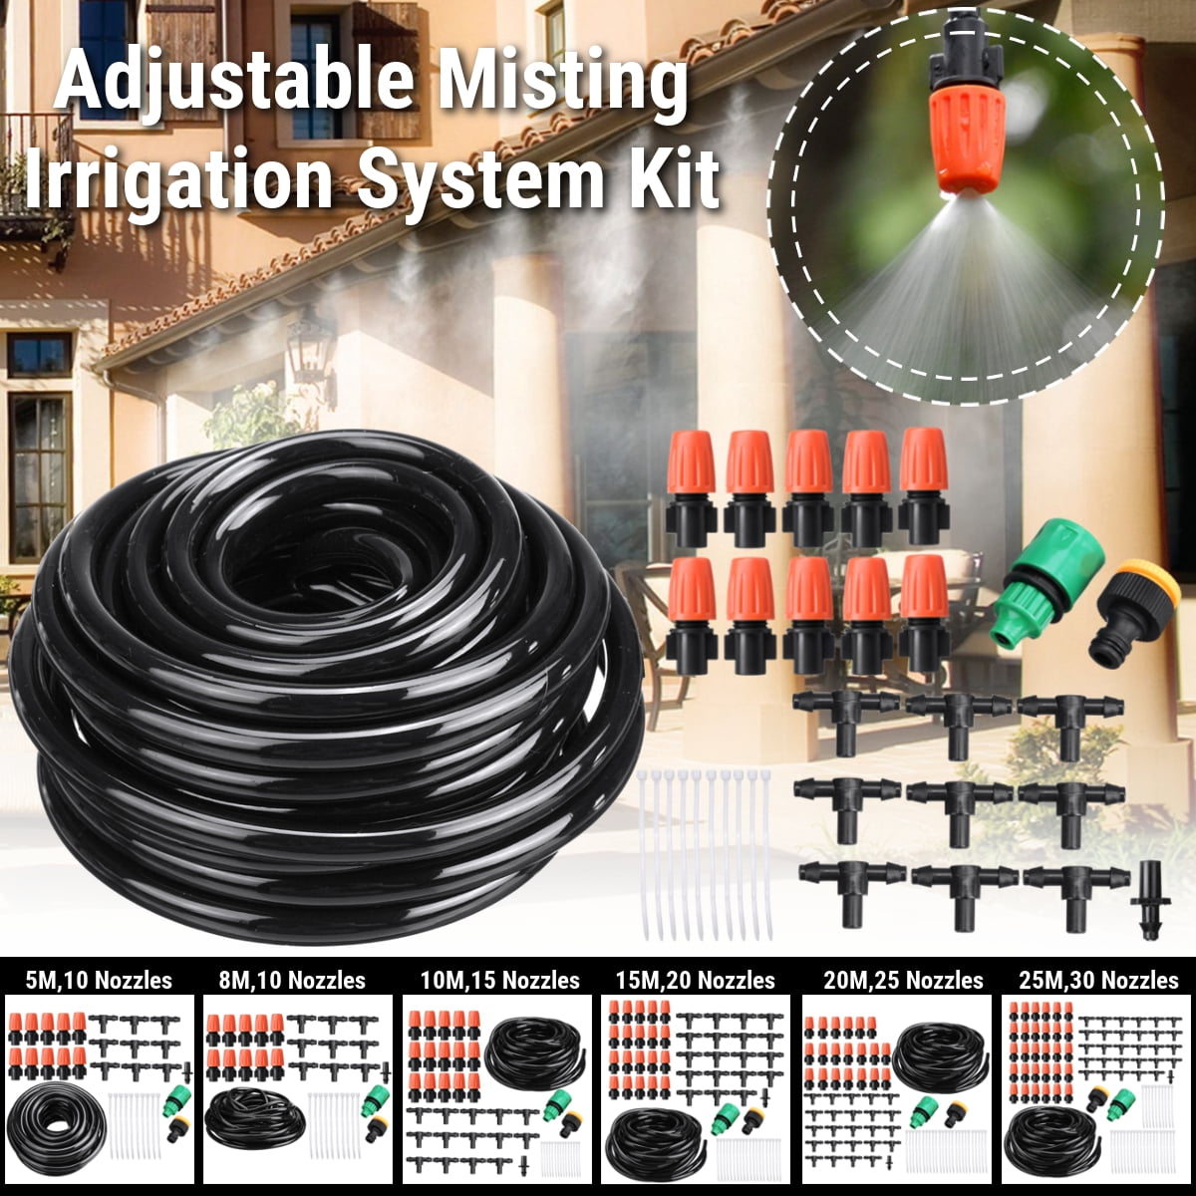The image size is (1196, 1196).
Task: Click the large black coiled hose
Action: click(x=329, y=678)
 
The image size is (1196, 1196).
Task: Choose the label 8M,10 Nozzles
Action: click(x=292, y=980)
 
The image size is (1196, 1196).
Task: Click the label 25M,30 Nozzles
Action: click(x=1098, y=980)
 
